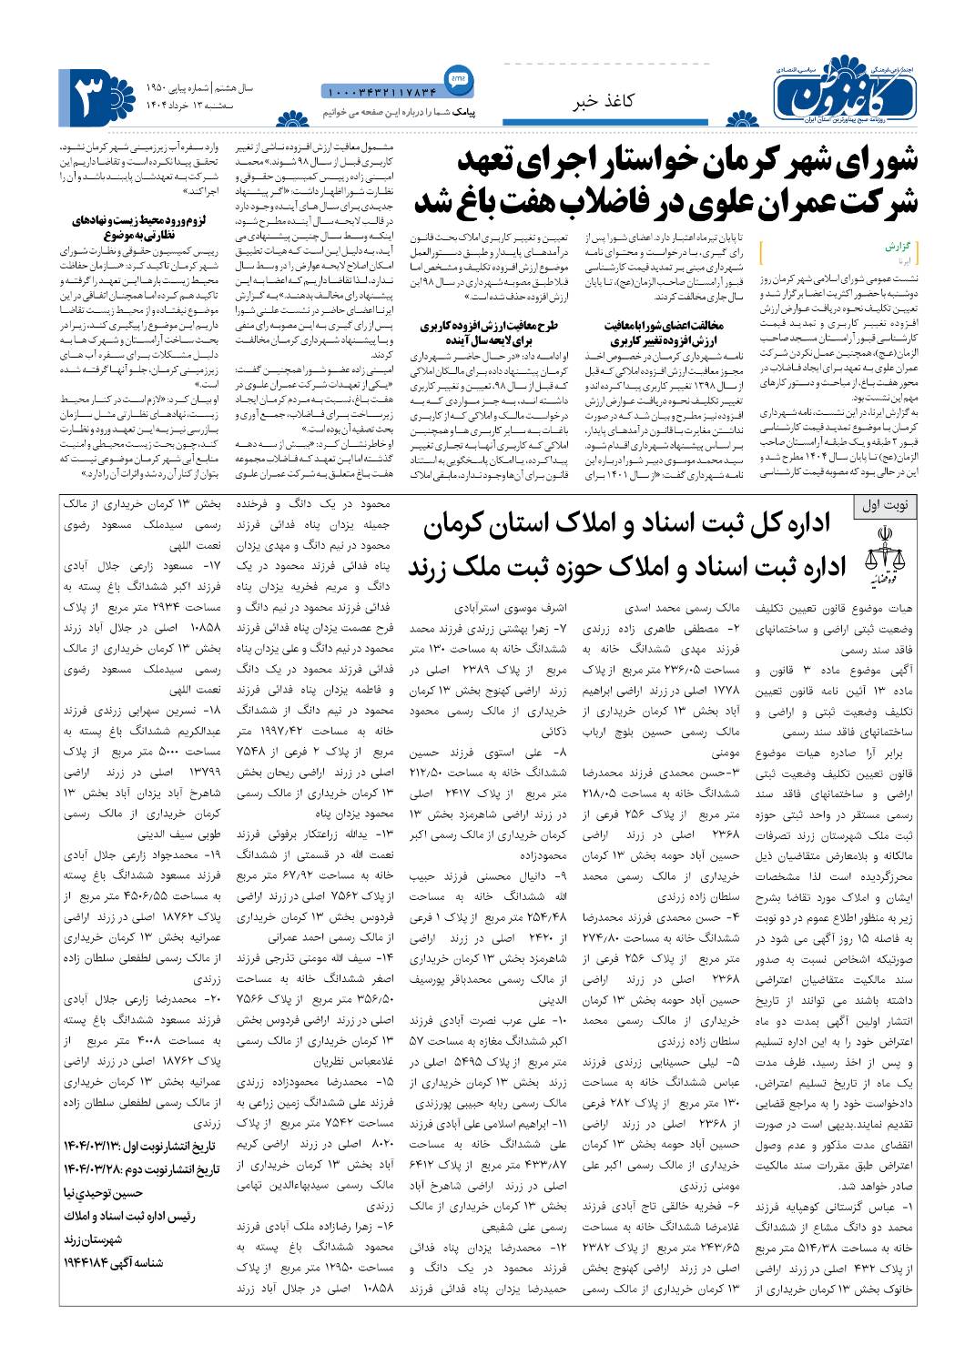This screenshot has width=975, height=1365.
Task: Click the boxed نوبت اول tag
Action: point(889,506)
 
